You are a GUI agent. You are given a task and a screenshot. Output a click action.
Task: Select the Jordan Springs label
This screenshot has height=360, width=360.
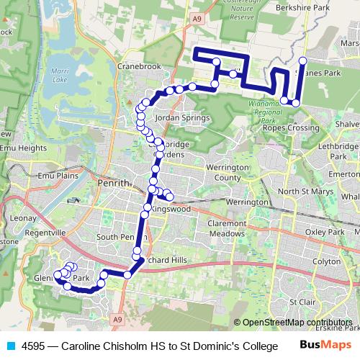coord(182,117)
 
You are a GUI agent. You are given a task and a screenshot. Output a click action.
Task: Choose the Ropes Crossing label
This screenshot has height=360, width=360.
coord(291,128)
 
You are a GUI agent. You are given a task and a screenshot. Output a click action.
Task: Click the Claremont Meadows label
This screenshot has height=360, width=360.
coord(227,228)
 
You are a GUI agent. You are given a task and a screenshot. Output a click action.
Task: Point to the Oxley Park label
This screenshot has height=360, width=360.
coord(324,233)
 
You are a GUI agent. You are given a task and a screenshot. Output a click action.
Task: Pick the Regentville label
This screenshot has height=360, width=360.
coord(45,234)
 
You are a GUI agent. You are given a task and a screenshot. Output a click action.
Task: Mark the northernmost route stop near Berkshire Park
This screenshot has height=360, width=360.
coord(302,60)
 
